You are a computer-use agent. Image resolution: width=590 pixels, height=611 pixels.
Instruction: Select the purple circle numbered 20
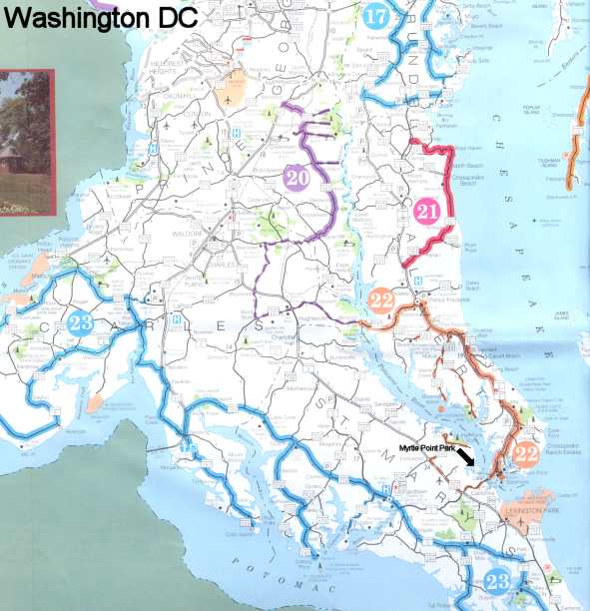coord(296,176)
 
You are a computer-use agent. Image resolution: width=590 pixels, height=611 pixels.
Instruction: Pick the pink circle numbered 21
coord(428,212)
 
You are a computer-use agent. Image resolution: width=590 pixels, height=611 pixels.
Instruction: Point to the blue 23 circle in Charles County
coord(83,322)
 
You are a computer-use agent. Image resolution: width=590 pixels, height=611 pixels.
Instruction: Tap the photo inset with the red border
coord(25,141)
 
